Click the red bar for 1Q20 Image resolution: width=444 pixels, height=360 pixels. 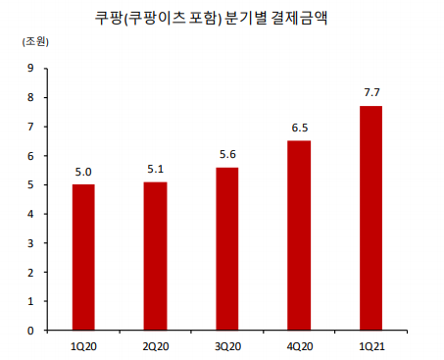(83, 257)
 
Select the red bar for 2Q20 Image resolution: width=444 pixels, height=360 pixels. (155, 256)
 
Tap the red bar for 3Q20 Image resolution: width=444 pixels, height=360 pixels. (226, 248)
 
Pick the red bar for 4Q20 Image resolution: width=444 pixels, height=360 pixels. (299, 235)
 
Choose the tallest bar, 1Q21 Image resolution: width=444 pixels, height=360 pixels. (370, 218)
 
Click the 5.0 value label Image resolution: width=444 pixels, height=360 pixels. (83, 173)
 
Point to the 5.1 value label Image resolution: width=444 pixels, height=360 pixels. (155, 170)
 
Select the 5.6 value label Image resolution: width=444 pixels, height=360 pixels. (226, 155)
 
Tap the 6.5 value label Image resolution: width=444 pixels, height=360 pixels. (299, 129)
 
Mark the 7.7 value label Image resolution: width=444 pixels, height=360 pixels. (370, 93)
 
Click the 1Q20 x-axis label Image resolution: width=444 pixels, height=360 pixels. (83, 346)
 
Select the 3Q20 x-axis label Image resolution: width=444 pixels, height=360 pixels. (226, 346)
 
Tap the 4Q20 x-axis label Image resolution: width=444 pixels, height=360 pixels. (299, 346)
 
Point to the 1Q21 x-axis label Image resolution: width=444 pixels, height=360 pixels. (370, 346)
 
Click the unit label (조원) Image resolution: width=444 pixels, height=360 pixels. (33, 42)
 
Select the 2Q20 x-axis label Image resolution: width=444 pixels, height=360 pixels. (155, 346)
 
